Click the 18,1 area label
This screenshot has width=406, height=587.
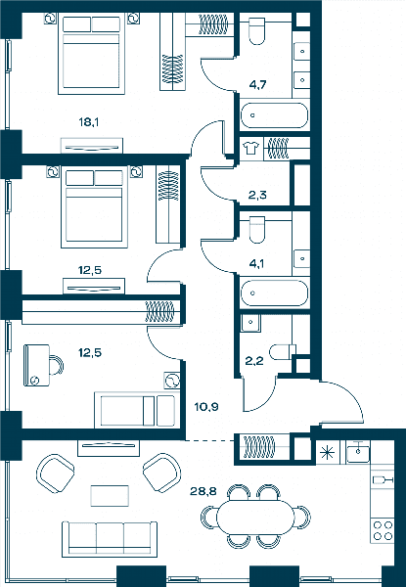click(x=89, y=122)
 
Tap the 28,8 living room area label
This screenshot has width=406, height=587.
click(x=203, y=491)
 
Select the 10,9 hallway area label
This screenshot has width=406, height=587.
click(x=206, y=407)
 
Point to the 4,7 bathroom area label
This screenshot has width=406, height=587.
click(x=258, y=84)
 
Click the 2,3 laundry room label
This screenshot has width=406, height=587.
click(x=257, y=195)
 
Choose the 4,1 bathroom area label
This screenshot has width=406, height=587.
click(x=256, y=263)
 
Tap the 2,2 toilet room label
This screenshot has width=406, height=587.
click(x=254, y=361)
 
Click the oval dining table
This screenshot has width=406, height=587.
click(x=255, y=517)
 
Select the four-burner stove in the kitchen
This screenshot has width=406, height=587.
click(x=383, y=530)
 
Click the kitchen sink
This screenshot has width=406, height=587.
click(x=358, y=452)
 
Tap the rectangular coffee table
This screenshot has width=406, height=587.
click(x=110, y=496)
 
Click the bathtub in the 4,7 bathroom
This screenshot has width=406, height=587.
click(x=274, y=115)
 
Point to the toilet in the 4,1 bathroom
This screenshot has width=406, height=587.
click(x=257, y=230)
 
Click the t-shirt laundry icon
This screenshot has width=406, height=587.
click(x=250, y=148)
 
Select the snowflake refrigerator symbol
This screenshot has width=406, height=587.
click(x=328, y=453)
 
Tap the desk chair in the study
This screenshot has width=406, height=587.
click(x=57, y=365)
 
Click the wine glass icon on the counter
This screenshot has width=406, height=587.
click(x=383, y=480)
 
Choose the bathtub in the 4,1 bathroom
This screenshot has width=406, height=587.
click(x=274, y=293)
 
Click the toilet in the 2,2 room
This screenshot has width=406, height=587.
click(x=284, y=352)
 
